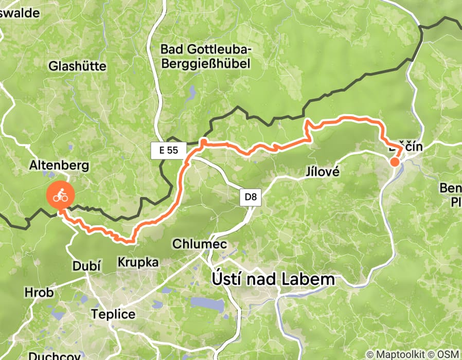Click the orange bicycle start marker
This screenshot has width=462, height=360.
pos(61,195)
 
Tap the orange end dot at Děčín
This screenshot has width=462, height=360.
pos(395,162)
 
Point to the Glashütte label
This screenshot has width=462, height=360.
pos(77,66)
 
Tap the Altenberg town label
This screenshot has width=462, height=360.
pos(60,166)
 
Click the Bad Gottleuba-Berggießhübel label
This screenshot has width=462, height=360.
pos(205,56)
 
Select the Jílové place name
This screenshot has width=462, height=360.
pos(323,172)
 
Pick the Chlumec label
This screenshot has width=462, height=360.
pos(200,244)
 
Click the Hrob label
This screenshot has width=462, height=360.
pos(39,293)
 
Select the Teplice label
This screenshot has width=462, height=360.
pos(113,314)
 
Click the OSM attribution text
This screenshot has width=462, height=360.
pos(447,354)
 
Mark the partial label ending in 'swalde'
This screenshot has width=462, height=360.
pos(20,13)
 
